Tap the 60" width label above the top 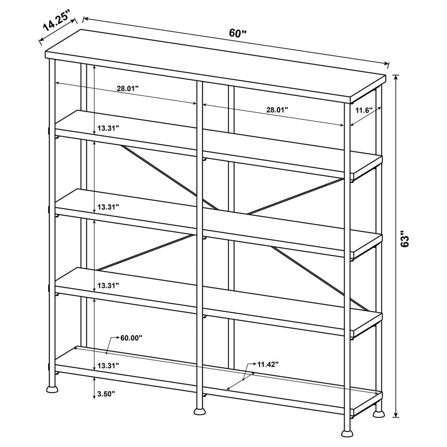pyautogui.click(x=237, y=33)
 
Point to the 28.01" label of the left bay pyautogui.click(x=128, y=88)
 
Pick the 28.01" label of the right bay pyautogui.click(x=277, y=109)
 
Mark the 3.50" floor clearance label pyautogui.click(x=106, y=394)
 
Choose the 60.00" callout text pyautogui.click(x=131, y=338)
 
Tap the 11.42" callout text pyautogui.click(x=268, y=365)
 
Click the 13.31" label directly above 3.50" pyautogui.click(x=108, y=366)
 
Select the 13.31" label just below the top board pyautogui.click(x=108, y=128)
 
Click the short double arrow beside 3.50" pyautogui.click(x=95, y=388)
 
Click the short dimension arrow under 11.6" pyautogui.click(x=365, y=116)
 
